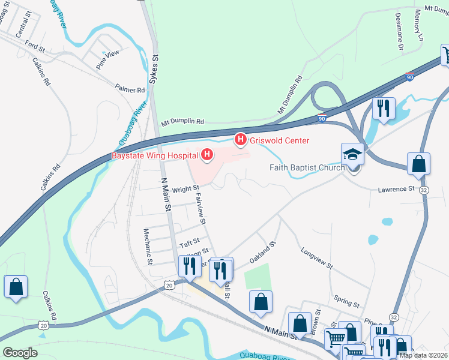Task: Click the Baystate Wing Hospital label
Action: (155, 156)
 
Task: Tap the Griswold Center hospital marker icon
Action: (240, 140)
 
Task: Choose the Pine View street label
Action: (108, 58)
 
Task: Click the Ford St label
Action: (35, 46)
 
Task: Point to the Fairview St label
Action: (200, 205)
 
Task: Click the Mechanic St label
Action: (148, 246)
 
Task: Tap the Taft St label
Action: (189, 244)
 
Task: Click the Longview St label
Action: (316, 259)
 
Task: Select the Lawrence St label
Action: (396, 189)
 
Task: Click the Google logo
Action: (20, 352)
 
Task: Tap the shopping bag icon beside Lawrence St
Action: (418, 164)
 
